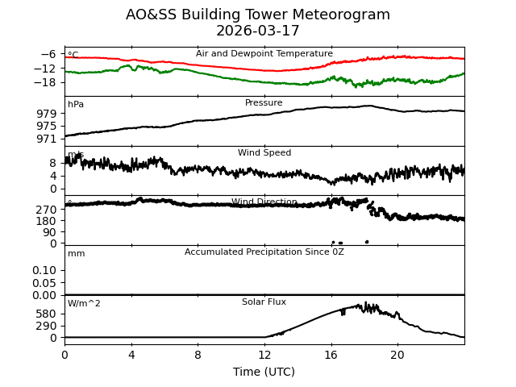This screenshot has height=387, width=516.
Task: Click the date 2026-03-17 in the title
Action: (258, 31)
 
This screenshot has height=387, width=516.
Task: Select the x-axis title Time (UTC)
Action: (264, 372)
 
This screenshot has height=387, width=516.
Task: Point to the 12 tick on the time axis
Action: (264, 355)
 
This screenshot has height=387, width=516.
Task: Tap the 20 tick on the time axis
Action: (397, 355)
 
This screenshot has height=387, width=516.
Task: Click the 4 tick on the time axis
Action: (131, 355)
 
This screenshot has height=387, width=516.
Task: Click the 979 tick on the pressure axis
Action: (46, 114)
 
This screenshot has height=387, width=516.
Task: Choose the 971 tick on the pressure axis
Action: (46, 139)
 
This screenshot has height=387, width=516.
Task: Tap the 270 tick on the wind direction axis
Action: (46, 209)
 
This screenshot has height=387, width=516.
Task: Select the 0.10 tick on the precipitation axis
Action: (44, 270)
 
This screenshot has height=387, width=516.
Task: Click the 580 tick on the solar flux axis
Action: (46, 314)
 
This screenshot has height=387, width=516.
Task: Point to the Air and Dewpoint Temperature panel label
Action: (264, 54)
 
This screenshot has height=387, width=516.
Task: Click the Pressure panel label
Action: (264, 103)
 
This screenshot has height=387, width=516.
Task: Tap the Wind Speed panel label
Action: (264, 153)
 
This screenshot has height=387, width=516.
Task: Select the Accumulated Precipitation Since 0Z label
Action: (264, 252)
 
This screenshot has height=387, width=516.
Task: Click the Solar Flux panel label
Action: (264, 302)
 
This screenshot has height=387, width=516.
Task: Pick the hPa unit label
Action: (76, 105)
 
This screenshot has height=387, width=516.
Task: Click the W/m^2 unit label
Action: (84, 304)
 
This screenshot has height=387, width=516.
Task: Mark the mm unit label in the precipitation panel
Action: (76, 254)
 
